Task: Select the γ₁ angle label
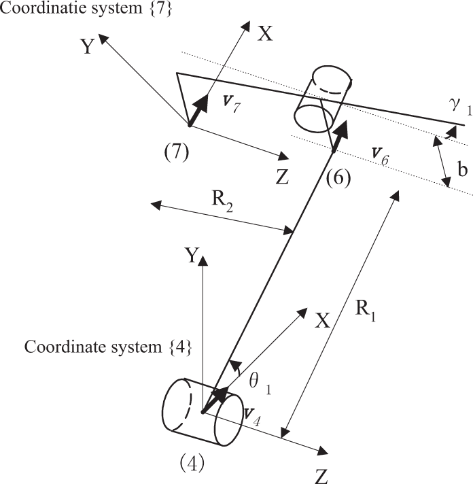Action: [x=460, y=107]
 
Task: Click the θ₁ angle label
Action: [x=260, y=383]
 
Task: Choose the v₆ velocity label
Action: [x=380, y=156]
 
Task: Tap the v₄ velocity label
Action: [x=252, y=417]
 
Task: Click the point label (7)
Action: [x=176, y=152]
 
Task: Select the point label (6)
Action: [x=338, y=178]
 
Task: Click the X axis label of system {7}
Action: [x=265, y=33]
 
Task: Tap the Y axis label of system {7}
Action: [x=88, y=46]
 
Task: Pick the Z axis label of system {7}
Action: [x=282, y=177]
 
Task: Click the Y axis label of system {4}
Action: [x=192, y=256]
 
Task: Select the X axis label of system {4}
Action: [x=322, y=320]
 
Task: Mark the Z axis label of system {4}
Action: [x=321, y=477]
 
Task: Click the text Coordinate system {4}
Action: [x=108, y=347]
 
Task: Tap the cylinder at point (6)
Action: [x=323, y=99]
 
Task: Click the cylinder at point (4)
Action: [x=203, y=412]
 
